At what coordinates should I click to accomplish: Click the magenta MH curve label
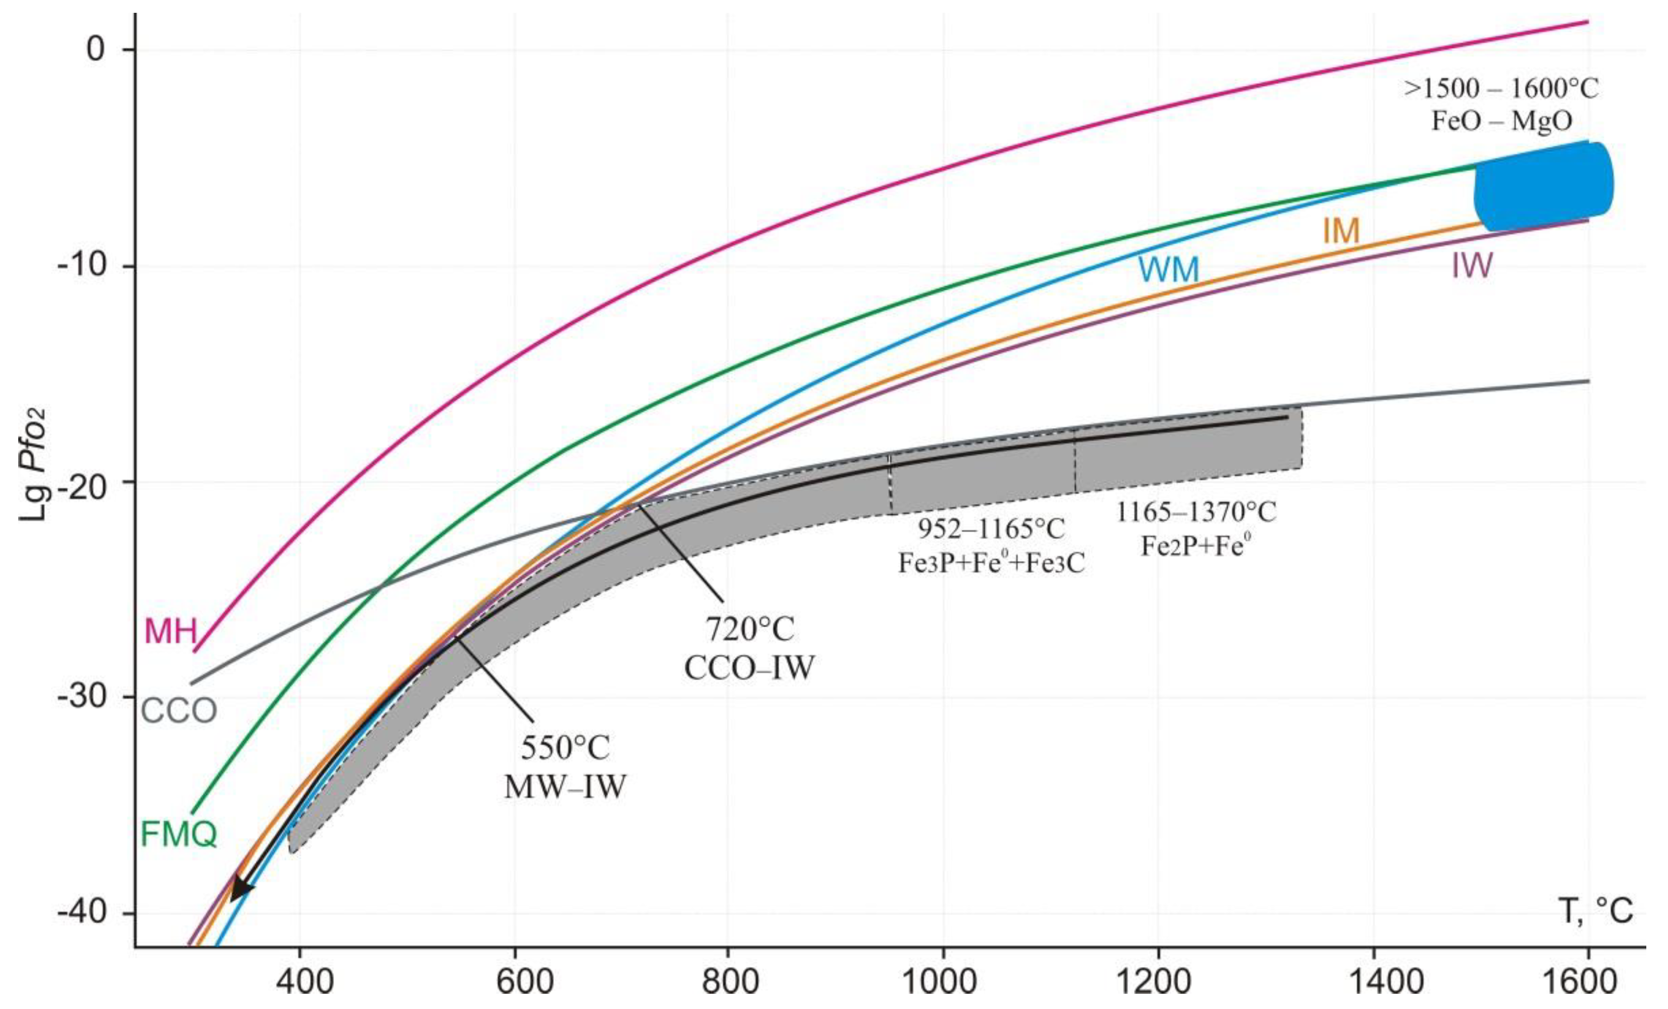pyautogui.click(x=171, y=632)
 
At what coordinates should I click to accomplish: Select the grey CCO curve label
pyautogui.click(x=179, y=711)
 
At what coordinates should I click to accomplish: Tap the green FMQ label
pyautogui.click(x=179, y=834)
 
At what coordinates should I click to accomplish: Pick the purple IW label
pyautogui.click(x=1472, y=266)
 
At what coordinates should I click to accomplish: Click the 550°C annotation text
pyautogui.click(x=565, y=748)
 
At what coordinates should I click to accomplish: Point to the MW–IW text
pyautogui.click(x=565, y=787)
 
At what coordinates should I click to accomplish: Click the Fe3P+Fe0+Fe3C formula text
pyautogui.click(x=991, y=563)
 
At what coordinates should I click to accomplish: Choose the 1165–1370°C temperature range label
pyautogui.click(x=1196, y=512)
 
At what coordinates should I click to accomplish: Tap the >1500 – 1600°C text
pyautogui.click(x=1501, y=89)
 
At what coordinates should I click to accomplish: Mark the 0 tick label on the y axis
pyautogui.click(x=96, y=49)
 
